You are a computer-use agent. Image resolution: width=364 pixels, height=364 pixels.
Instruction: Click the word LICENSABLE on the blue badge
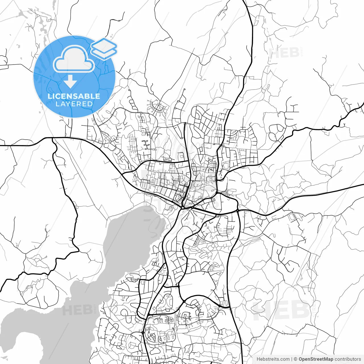pos(74,96)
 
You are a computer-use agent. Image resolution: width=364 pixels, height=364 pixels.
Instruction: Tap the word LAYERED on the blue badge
pos(74,104)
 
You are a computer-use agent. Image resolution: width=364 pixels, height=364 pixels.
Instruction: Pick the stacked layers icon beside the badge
pos(104,48)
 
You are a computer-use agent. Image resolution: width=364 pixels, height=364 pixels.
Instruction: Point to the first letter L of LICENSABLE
pos(49,96)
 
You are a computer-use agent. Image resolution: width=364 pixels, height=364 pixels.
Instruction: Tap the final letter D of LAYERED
pos(90,104)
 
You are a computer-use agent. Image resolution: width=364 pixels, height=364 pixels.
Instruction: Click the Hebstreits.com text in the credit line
pos(273,359)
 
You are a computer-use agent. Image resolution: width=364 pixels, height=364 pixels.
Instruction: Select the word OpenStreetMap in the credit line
pos(316,359)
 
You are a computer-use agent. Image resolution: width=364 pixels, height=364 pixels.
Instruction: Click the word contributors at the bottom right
pos(348,359)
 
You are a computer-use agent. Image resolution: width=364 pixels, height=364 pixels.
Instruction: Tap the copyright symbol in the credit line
pos(295,359)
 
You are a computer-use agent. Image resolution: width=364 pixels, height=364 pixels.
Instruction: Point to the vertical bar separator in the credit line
pos(292,359)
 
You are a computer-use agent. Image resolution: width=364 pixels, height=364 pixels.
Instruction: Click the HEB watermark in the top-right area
pos(284,53)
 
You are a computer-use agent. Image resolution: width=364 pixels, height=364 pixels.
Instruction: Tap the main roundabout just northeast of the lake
pos(182,208)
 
